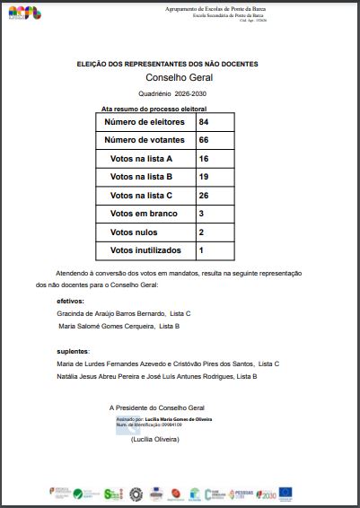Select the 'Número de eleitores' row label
point(145,121)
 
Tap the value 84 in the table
point(204,121)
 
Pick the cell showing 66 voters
point(204,140)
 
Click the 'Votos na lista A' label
point(141,158)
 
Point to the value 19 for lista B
point(204,177)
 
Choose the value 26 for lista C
point(204,195)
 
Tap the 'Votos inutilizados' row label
point(145,250)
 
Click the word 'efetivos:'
point(70,302)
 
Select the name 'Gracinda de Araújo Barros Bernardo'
point(111,313)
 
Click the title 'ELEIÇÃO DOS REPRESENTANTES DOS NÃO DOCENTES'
point(167,65)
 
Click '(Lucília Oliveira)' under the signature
point(155,440)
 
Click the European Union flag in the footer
point(285,492)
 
